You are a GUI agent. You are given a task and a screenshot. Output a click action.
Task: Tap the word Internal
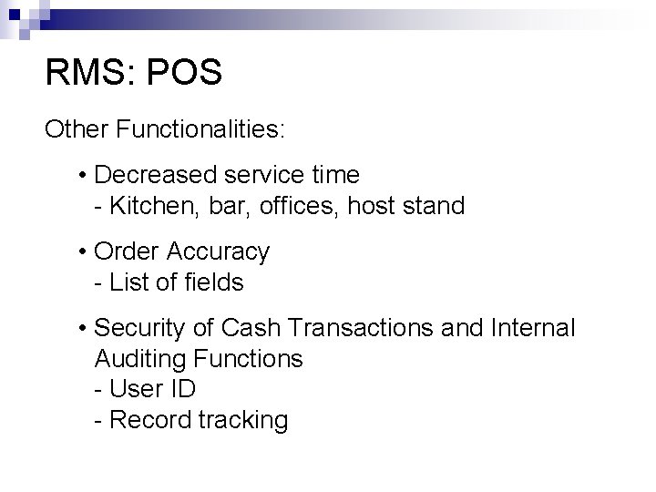click(535, 327)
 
